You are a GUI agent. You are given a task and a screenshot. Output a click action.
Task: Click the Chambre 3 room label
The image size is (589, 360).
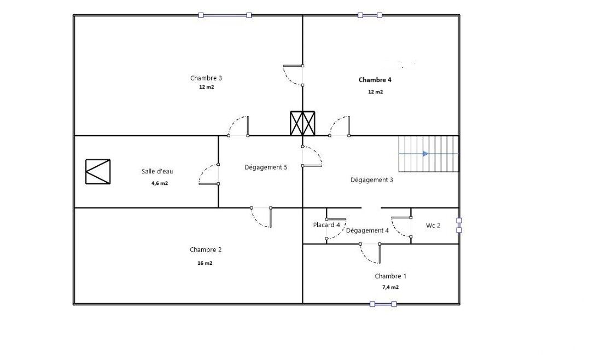[206, 78]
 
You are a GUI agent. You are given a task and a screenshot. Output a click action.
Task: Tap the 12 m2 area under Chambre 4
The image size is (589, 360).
[375, 92]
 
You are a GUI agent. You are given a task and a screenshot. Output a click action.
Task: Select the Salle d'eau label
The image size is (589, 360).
[157, 171]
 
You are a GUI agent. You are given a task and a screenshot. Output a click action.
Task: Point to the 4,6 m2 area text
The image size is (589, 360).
[160, 183]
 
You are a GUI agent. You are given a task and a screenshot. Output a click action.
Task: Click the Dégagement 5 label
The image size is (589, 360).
[266, 167]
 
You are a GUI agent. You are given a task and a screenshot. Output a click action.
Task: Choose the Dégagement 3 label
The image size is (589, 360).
[371, 179]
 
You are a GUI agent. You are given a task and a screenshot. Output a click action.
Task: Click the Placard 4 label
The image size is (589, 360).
[326, 225]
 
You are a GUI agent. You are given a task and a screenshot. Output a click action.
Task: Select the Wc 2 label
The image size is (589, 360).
[433, 225]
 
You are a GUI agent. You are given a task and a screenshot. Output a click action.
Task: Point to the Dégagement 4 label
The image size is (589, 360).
[367, 230]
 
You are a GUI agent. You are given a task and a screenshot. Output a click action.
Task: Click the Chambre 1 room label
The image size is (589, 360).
[390, 276]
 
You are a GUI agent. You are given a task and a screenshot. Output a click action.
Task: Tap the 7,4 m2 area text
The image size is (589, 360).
[390, 287]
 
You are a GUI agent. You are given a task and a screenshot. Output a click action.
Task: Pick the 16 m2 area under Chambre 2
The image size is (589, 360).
[205, 263]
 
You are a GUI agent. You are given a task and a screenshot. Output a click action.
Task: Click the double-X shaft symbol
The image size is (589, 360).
[302, 123]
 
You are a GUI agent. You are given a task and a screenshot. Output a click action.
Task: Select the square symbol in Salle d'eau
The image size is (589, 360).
[98, 172]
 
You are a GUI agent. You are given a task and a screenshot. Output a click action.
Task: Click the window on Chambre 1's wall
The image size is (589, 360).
[383, 304]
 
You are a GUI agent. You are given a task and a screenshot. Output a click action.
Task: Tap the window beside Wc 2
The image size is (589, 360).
[459, 225]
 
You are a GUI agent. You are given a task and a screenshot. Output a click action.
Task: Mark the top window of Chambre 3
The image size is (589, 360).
[225, 15]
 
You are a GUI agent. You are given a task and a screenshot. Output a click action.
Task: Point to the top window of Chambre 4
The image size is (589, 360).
[370, 15]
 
